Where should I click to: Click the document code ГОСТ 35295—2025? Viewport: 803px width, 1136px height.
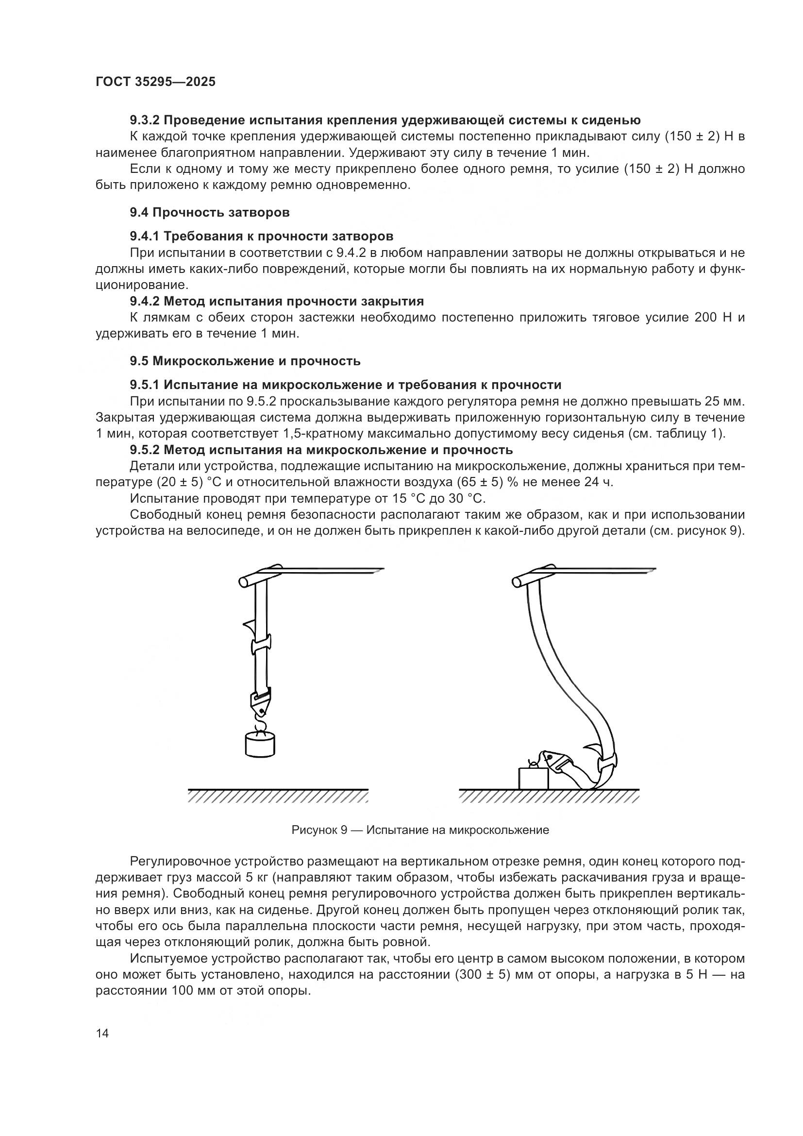tap(155, 82)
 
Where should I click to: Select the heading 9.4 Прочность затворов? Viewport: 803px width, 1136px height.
tap(210, 213)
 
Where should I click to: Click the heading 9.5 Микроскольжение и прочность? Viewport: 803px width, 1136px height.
tap(245, 361)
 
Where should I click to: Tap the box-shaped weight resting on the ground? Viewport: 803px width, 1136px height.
tap(533, 778)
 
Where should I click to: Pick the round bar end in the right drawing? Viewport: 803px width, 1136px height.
tap(517, 582)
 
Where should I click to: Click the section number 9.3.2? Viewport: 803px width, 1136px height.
tap(145, 120)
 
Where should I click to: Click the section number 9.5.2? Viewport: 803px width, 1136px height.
tap(145, 450)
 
